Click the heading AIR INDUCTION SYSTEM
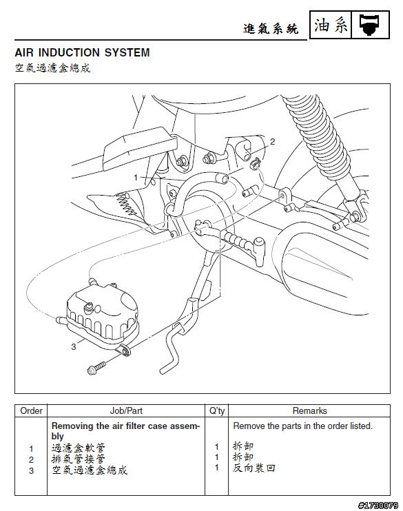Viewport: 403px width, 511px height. pyautogui.click(x=82, y=52)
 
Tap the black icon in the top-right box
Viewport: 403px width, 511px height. pyautogui.click(x=370, y=25)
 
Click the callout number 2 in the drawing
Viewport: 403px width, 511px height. pyautogui.click(x=273, y=141)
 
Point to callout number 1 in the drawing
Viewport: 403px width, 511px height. pyautogui.click(x=136, y=178)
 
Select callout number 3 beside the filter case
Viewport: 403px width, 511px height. pyautogui.click(x=74, y=347)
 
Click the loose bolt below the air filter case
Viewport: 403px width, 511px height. pyautogui.click(x=97, y=368)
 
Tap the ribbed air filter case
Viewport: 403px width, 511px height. pyautogui.click(x=103, y=313)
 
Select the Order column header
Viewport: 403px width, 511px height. pyautogui.click(x=31, y=410)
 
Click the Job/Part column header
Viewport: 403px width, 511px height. pyautogui.click(x=126, y=410)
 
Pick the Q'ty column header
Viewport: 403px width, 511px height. pyautogui.click(x=217, y=410)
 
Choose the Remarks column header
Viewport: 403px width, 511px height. pyautogui.click(x=310, y=410)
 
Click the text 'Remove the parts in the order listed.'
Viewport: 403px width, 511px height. pyautogui.click(x=303, y=426)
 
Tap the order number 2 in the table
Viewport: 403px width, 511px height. pyautogui.click(x=31, y=460)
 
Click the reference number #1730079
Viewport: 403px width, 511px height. pyautogui.click(x=378, y=505)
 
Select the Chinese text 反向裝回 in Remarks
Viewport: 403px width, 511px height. pyautogui.click(x=254, y=468)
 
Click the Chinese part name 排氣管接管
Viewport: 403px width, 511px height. pyautogui.click(x=79, y=459)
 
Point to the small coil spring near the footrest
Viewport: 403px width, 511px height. pyautogui.click(x=127, y=205)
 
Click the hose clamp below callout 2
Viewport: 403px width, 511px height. pyautogui.click(x=256, y=163)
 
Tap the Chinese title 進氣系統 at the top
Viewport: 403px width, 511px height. pyautogui.click(x=271, y=29)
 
